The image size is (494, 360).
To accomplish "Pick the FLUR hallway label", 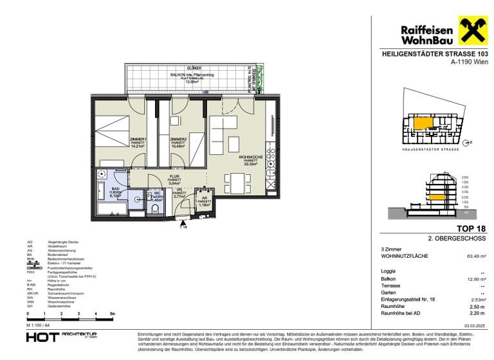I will pyautogui.click(x=174, y=178).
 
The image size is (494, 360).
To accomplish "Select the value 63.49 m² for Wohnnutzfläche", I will pyautogui.click(x=476, y=256).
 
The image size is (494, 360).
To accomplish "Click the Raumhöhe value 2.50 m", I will pyautogui.click(x=477, y=307).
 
